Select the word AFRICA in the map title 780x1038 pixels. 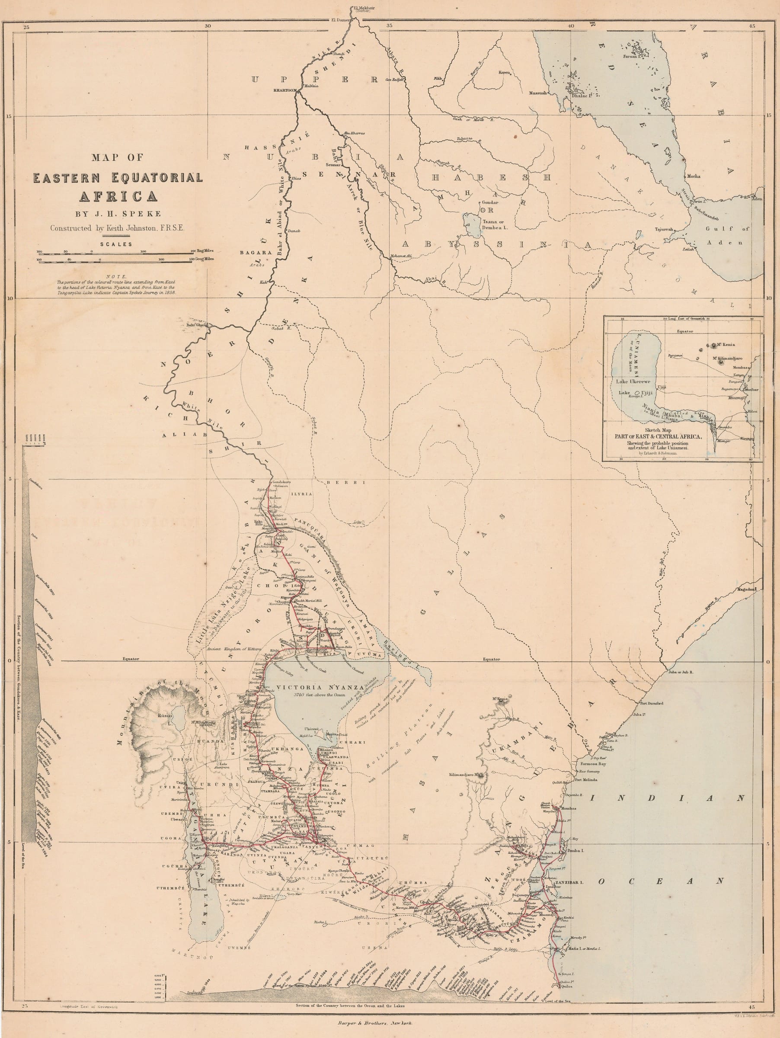(118, 195)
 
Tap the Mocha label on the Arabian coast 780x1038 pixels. (693, 176)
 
